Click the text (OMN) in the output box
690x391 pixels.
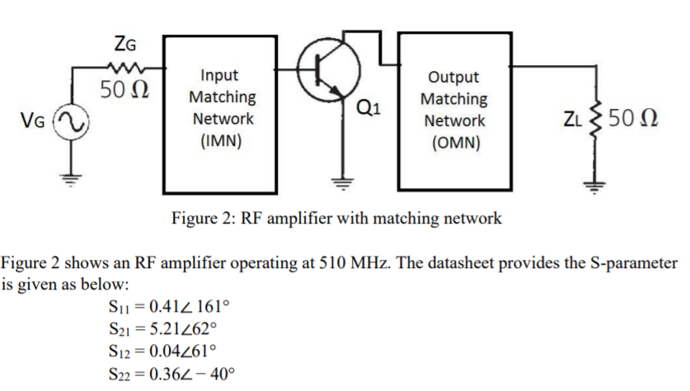pyautogui.click(x=453, y=141)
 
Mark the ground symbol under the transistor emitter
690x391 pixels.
pyautogui.click(x=340, y=179)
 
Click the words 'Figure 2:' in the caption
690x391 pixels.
pyautogui.click(x=202, y=219)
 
